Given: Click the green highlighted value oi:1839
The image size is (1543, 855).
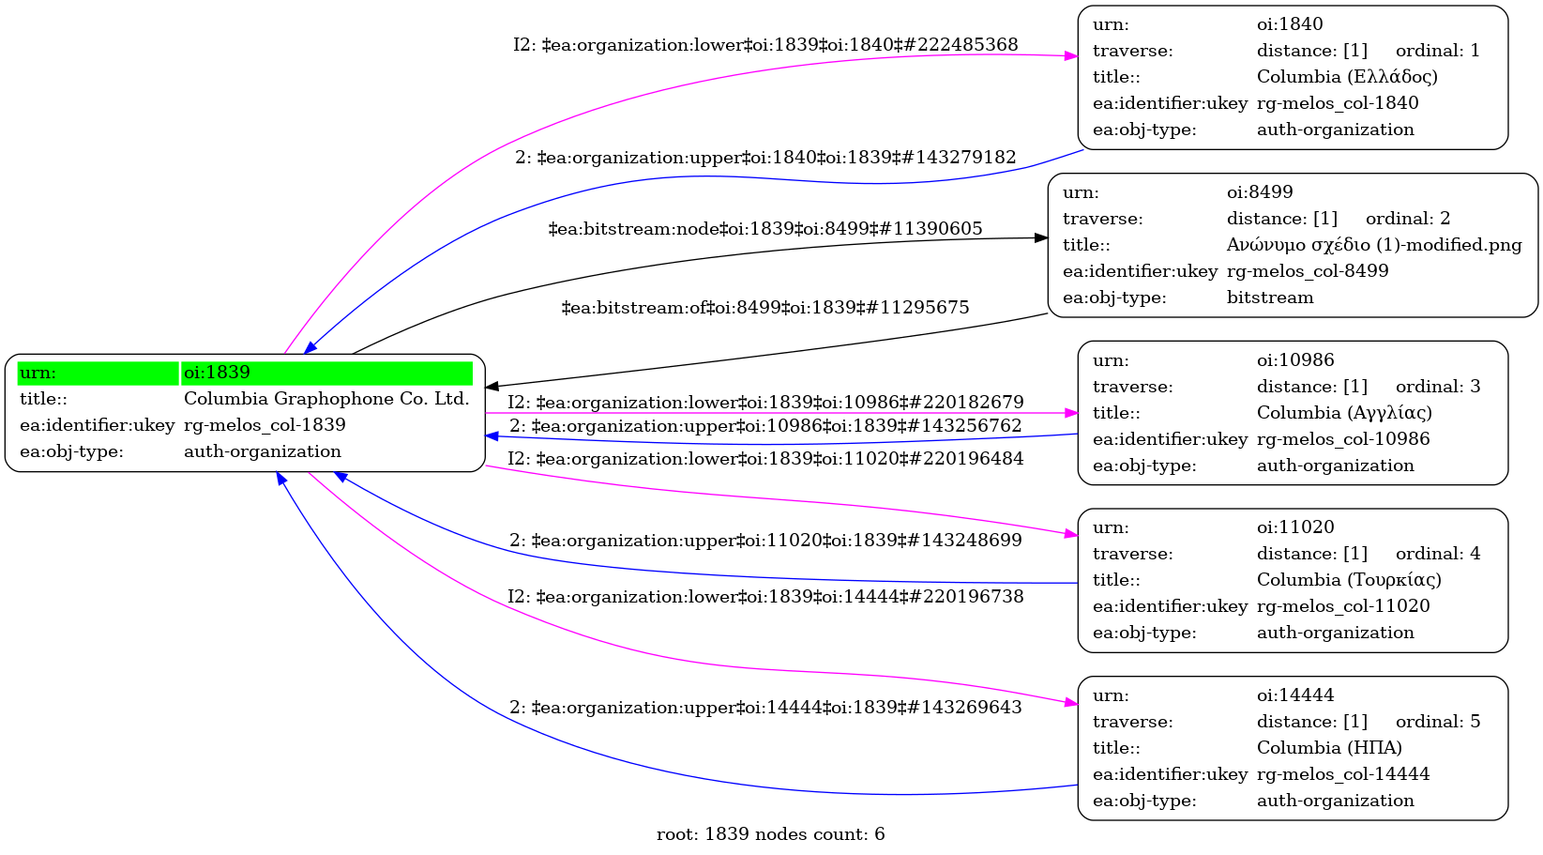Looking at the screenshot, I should tap(218, 373).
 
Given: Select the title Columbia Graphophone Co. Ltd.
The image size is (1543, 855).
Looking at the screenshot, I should tap(326, 399).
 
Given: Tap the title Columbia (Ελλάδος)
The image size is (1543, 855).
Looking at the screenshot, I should tap(1347, 77).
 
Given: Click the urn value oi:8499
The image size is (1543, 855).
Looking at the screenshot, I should tap(1260, 192).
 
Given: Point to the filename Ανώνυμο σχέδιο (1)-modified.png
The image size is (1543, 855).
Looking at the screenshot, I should tap(1374, 245).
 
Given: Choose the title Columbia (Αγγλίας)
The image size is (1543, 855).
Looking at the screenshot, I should tap(1344, 413).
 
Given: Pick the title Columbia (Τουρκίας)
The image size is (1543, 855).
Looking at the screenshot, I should tap(1349, 580).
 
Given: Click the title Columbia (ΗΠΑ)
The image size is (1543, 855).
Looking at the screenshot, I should tap(1329, 748).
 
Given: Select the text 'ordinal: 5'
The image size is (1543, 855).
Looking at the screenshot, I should tap(1438, 722).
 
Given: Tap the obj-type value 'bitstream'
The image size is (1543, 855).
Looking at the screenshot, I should tap(1270, 298).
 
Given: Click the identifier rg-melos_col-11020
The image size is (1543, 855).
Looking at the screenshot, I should tap(1343, 606).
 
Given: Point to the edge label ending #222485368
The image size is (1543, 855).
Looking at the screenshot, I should tap(765, 45).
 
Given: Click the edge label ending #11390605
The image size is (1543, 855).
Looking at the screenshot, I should tap(765, 229).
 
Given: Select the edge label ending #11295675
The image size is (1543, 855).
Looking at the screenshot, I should tap(765, 308).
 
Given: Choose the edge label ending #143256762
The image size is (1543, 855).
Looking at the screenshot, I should tap(765, 426).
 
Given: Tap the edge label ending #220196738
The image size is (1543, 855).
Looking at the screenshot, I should tap(765, 597).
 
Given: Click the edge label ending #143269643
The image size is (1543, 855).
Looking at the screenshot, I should tap(765, 708).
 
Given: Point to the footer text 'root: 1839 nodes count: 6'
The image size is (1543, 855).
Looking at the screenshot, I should tap(770, 834).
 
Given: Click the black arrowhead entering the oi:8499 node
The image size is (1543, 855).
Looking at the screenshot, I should tap(1041, 238).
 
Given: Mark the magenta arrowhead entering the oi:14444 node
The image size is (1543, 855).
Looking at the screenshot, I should tap(1071, 702).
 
